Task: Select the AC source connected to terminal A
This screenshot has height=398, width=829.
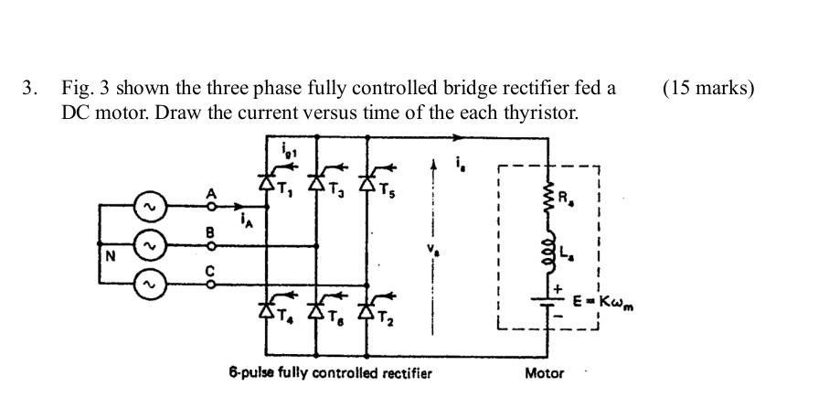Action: [148, 207]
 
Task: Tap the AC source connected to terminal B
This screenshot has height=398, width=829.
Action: [148, 246]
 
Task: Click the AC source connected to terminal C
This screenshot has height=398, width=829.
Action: [148, 284]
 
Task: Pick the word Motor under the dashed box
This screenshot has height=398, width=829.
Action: [545, 372]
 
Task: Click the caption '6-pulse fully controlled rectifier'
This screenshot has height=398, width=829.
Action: [330, 372]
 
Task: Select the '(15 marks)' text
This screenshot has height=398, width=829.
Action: [708, 89]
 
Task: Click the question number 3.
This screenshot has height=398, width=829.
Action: [30, 89]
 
